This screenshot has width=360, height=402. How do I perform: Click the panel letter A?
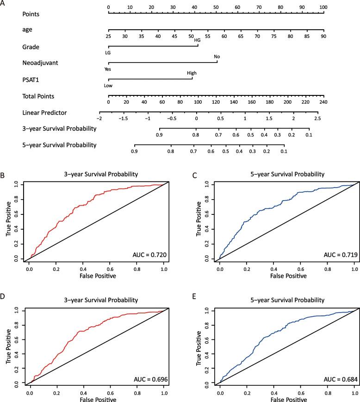(x=3, y=4)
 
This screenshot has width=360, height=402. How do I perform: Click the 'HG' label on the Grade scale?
(x=197, y=40)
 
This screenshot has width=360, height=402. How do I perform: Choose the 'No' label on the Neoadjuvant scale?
(x=217, y=57)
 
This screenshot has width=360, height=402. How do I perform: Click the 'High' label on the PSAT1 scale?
(x=192, y=73)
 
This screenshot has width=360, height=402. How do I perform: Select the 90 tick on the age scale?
(x=323, y=36)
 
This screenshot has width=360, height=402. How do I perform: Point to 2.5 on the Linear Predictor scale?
(x=317, y=118)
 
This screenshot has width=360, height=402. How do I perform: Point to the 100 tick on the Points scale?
(x=323, y=7)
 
